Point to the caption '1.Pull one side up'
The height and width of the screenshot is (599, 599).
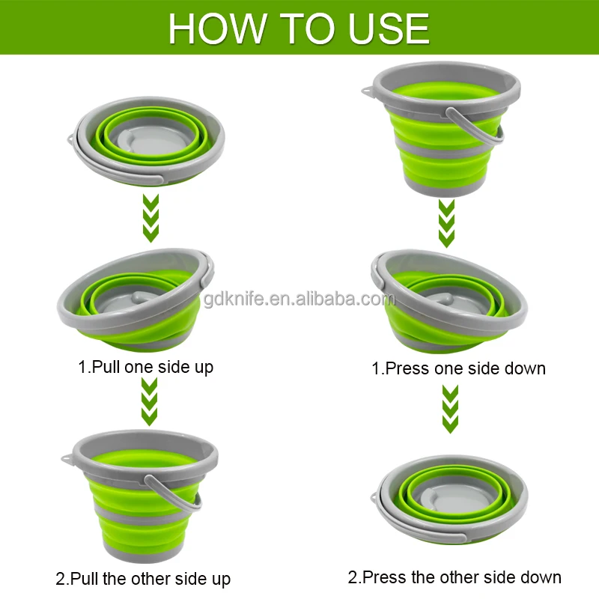pos(146,368)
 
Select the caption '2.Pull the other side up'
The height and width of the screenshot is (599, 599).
pos(143,579)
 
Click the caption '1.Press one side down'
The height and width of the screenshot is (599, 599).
pos(458,368)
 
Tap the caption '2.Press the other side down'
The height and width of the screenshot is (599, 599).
pos(454,577)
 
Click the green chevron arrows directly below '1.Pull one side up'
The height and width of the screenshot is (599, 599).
pos(149,401)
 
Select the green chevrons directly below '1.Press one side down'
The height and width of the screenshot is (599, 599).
pos(449,409)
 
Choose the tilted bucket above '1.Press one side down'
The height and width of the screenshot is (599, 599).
pos(449,299)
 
